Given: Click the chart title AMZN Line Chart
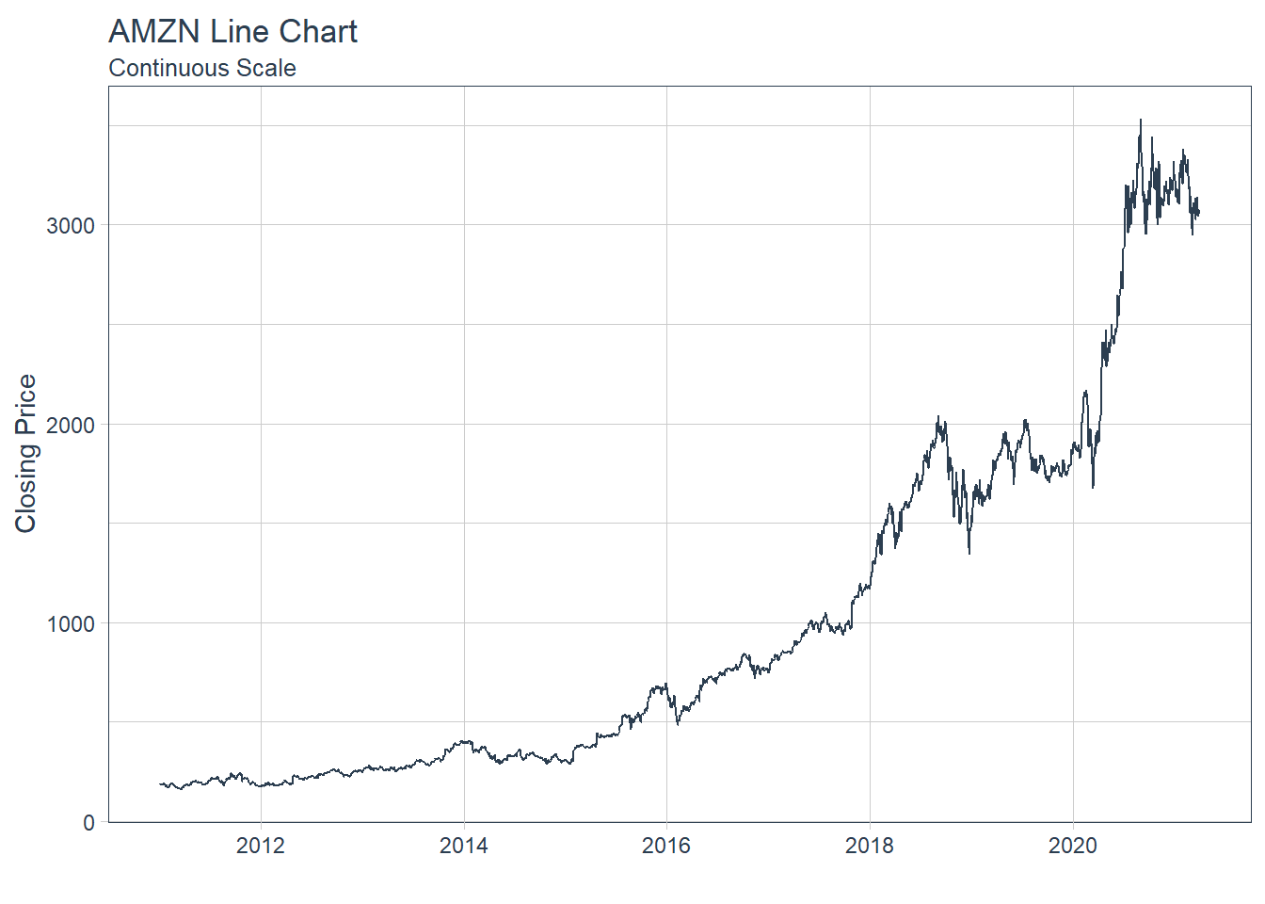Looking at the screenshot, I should pos(232,32).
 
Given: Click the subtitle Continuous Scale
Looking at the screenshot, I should pos(202,69).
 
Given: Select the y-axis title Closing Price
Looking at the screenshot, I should pos(26,453).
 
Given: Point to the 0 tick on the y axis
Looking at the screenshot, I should pos(89,823).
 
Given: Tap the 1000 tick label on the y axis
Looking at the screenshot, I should pos(71,624).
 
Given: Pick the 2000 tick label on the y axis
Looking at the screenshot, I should pos(71,425).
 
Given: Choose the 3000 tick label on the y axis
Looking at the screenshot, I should pos(71,226).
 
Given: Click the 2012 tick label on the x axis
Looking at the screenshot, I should pos(260,846).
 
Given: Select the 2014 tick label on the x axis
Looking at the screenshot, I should pos(463,846).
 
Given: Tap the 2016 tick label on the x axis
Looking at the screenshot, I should pos(665,846).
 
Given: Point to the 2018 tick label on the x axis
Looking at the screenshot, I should pos(869,846).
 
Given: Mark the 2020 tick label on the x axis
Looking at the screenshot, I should pos(1072,846).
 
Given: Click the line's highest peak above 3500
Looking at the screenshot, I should pos(1141,121).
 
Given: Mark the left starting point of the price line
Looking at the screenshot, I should pos(161,783).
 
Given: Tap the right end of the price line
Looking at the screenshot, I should pos(1198,214).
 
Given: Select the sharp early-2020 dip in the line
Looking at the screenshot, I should pos(1093,487).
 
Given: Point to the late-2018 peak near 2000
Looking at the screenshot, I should pos(937,417).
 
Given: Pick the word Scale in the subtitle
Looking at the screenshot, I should pos(267,69).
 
